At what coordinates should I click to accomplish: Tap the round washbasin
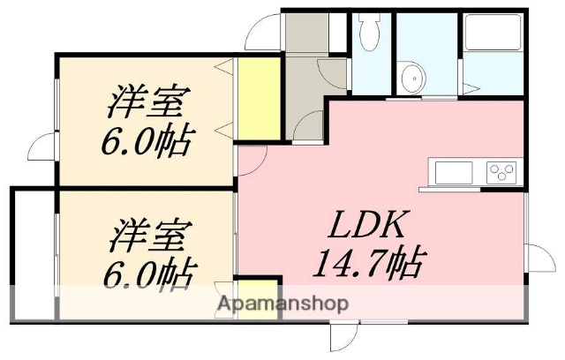point(410,77)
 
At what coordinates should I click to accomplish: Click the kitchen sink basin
point(452,170)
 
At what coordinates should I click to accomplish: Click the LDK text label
point(368,227)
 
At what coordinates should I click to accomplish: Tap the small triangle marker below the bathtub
point(478,87)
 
